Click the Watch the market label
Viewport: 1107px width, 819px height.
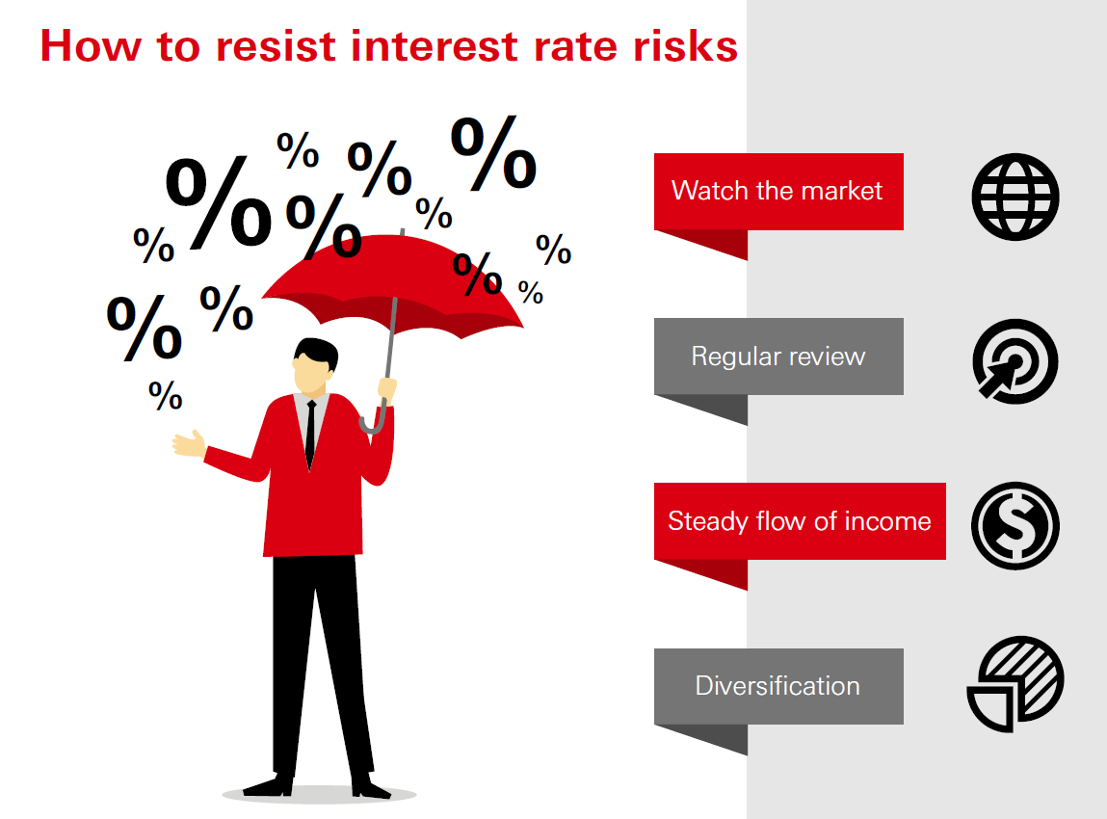778,191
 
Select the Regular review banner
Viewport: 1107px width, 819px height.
778,357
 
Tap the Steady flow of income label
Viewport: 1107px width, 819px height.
799,521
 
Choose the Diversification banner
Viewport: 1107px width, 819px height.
778,686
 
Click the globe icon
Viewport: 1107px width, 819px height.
1015,197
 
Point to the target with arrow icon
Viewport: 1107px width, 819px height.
1015,361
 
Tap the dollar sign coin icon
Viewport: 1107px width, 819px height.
1015,526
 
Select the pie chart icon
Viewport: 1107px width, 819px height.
1015,683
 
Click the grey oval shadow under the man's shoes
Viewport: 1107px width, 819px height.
319,795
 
